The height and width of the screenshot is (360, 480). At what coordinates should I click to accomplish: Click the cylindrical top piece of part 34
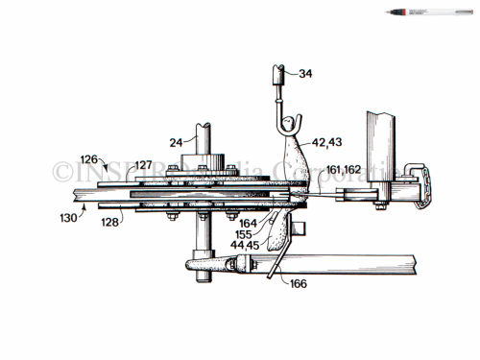[x=280, y=75]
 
